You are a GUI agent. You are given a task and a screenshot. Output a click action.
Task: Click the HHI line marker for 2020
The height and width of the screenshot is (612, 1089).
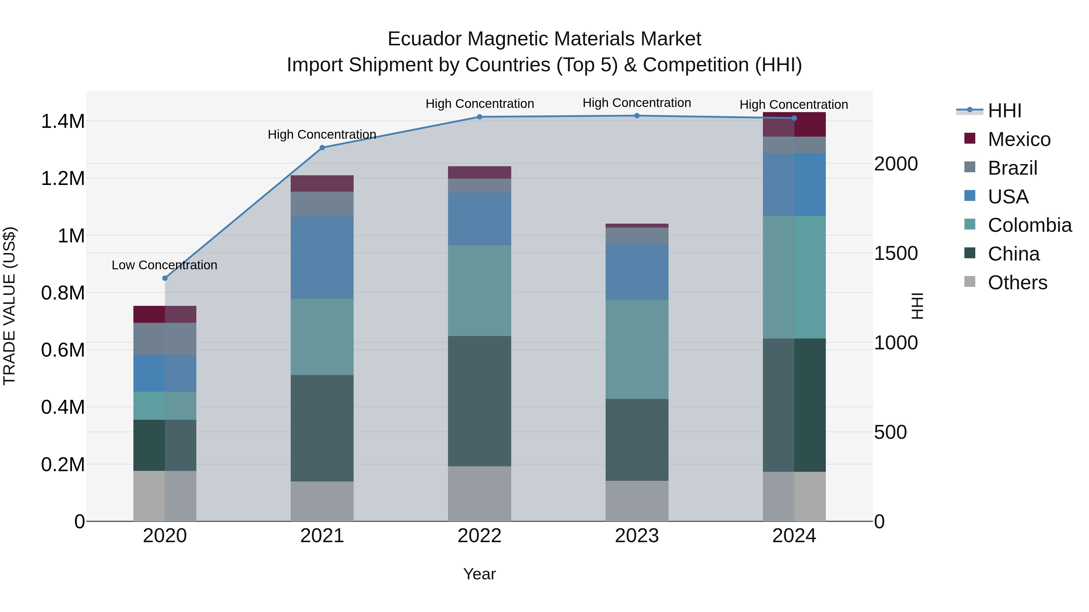pyautogui.click(x=165, y=278)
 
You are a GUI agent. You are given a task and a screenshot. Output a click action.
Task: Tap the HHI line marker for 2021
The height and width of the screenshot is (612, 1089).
pyautogui.click(x=322, y=147)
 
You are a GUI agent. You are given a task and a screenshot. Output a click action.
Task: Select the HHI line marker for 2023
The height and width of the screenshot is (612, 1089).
pyautogui.click(x=637, y=116)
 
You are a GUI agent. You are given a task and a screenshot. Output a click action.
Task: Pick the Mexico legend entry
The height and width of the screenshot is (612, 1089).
pyautogui.click(x=1019, y=139)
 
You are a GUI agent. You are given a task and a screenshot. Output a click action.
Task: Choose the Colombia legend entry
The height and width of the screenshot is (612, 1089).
pyautogui.click(x=1029, y=225)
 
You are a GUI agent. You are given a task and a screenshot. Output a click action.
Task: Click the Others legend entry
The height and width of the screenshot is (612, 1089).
pyautogui.click(x=1017, y=283)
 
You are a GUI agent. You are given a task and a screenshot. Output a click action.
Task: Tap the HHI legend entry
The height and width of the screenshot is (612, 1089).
pyautogui.click(x=1004, y=111)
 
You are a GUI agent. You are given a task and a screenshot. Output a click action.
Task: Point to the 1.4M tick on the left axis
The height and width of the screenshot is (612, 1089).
pyautogui.click(x=63, y=121)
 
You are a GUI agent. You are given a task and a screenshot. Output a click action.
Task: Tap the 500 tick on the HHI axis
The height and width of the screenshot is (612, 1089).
pyautogui.click(x=890, y=432)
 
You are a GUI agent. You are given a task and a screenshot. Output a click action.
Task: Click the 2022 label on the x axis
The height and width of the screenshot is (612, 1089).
pyautogui.click(x=479, y=536)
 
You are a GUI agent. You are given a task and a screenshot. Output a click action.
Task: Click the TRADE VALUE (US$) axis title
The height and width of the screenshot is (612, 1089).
pyautogui.click(x=9, y=306)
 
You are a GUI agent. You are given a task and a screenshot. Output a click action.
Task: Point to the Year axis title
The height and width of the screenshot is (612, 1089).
pyautogui.click(x=479, y=574)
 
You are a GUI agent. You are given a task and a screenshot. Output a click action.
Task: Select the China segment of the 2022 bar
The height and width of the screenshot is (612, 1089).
pyautogui.click(x=479, y=401)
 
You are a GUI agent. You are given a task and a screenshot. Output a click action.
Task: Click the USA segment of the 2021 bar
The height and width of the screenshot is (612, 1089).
pyautogui.click(x=322, y=257)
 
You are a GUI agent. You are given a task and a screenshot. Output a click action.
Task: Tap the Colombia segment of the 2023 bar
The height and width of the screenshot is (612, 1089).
pyautogui.click(x=637, y=349)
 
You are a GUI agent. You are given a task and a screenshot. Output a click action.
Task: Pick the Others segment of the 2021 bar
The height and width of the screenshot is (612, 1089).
pyautogui.click(x=322, y=501)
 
